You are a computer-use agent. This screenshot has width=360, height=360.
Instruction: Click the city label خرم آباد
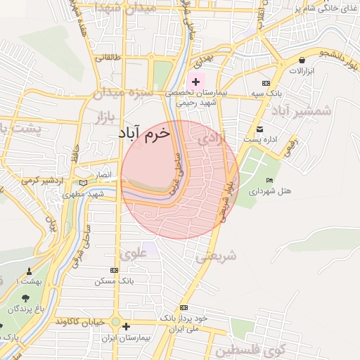145,134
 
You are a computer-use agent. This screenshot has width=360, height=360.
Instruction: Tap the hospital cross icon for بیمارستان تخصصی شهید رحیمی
195,82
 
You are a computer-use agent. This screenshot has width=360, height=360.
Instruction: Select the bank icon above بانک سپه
265,83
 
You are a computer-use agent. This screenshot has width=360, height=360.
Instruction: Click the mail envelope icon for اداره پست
259,129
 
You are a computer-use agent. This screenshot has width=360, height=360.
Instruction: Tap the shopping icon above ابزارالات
302,60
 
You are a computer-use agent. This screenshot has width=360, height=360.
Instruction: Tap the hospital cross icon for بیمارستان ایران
126,326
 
